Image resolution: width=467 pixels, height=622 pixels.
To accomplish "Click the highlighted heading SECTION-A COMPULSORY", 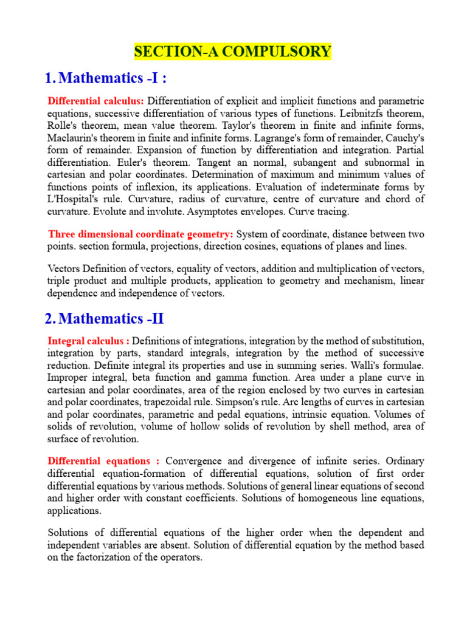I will (233, 52).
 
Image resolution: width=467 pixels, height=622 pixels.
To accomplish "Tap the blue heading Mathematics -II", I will (112, 318).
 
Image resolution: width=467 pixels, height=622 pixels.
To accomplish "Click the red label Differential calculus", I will (96, 101).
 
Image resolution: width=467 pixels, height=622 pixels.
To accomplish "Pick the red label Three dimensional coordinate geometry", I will (140, 234).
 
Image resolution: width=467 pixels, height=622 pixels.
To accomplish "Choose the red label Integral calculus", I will (88, 341).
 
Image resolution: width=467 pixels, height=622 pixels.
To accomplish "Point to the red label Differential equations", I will (103, 460).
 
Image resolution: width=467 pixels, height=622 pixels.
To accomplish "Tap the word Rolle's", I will (63, 125).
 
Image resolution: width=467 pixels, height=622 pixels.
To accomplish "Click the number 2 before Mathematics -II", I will (49, 319).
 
